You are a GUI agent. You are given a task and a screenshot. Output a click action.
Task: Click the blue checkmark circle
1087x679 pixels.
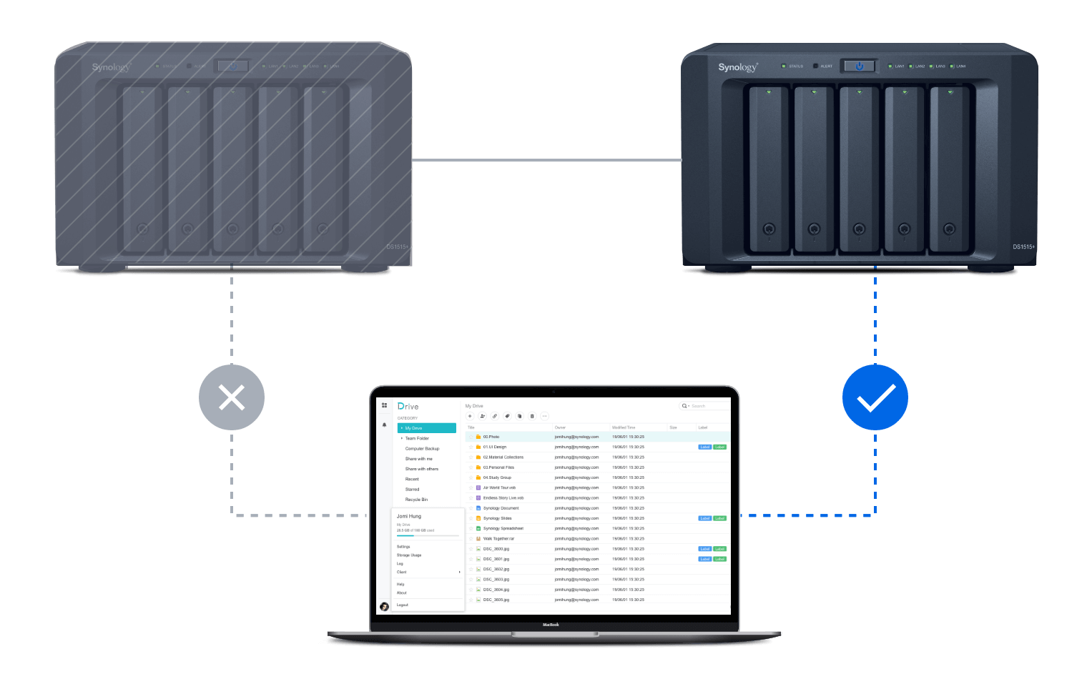[875, 397]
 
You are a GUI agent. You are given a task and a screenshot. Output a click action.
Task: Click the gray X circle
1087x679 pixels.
[232, 397]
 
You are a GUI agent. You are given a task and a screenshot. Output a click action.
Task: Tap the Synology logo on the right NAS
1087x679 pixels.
[737, 67]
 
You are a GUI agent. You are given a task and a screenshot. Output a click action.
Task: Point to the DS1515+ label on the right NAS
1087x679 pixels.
[1023, 247]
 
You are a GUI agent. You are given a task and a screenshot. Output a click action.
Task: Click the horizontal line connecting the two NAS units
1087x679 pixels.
[546, 160]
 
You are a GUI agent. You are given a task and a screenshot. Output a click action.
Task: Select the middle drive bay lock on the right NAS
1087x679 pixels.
[859, 229]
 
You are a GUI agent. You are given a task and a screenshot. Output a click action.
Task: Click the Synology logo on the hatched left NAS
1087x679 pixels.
[111, 67]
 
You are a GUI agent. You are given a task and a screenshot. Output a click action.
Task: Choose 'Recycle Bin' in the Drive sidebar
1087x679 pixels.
[416, 500]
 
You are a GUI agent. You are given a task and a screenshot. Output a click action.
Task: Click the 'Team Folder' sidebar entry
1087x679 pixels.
[417, 438]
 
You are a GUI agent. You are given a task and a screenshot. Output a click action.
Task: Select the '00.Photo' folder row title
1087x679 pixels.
[491, 437]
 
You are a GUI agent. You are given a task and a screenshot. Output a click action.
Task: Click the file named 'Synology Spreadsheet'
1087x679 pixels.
[503, 528]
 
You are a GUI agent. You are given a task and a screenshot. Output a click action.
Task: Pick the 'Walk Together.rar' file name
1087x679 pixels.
[498, 539]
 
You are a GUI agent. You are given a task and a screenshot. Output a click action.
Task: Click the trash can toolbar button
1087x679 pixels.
[532, 416]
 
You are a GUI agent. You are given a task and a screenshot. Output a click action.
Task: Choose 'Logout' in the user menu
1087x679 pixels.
[403, 605]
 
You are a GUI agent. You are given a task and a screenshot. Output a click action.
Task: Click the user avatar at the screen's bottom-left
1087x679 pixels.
[384, 607]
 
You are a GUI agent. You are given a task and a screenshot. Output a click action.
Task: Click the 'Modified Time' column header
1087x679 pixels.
[624, 427]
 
